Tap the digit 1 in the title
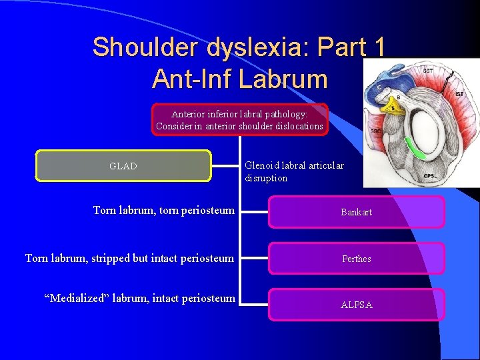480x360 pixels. (x=379, y=47)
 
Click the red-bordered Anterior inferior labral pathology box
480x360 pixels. (x=239, y=120)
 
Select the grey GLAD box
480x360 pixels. (x=123, y=166)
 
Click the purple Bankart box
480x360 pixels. (x=356, y=213)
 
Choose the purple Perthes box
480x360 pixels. (x=356, y=259)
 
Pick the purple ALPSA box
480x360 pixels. (x=356, y=305)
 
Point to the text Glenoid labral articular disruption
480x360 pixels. (x=294, y=172)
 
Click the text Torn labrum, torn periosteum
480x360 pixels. (x=163, y=211)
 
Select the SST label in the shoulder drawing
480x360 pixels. (x=426, y=70)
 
